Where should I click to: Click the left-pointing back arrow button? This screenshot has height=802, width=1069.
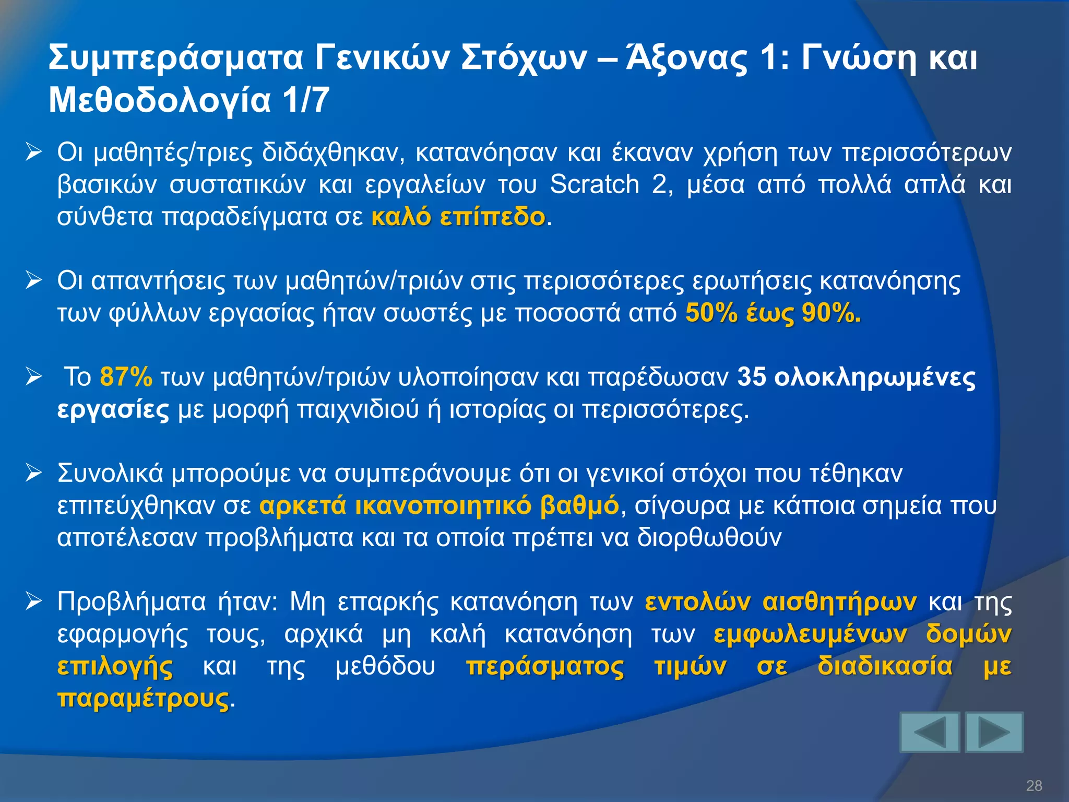click(930, 733)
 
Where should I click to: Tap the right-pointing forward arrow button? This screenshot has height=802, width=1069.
click(994, 733)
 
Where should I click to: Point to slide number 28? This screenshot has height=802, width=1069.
click(1034, 785)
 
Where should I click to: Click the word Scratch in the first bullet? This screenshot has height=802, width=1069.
click(595, 185)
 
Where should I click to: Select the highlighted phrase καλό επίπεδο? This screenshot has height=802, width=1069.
click(458, 217)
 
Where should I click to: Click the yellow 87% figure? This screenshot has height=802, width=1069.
click(126, 376)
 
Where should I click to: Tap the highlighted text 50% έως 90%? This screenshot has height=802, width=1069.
click(773, 313)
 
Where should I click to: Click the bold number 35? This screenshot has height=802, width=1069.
click(752, 376)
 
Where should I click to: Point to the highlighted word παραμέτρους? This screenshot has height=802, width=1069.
click(143, 699)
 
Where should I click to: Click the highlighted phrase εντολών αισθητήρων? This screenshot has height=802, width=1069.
click(780, 602)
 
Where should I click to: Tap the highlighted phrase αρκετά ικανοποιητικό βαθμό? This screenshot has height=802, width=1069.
click(439, 505)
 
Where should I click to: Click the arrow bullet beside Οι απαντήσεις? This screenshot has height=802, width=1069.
click(34, 281)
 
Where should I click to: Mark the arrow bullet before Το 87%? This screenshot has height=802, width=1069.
click(34, 377)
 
